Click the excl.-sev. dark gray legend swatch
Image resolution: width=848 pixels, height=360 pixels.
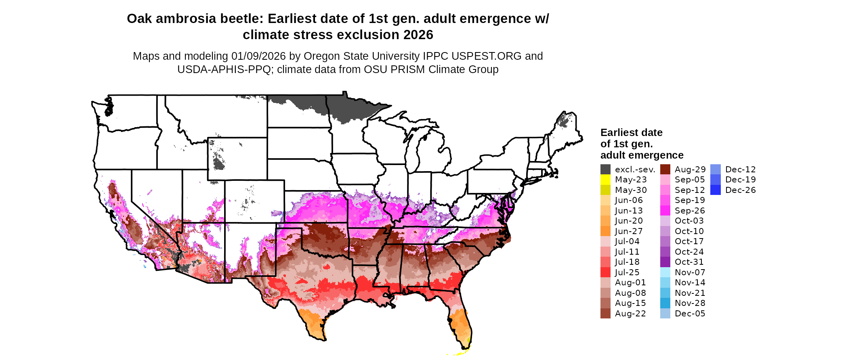[x=605, y=170]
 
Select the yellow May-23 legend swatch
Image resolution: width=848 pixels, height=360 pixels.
[x=605, y=180]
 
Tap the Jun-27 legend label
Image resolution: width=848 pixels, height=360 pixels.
[x=629, y=231]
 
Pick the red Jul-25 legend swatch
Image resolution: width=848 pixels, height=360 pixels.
[x=605, y=272]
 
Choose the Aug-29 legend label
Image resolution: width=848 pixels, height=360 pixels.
[x=690, y=170]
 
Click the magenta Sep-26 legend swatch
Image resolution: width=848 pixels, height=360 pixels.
[x=665, y=211]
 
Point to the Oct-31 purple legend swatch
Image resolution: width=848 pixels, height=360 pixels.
[x=665, y=262]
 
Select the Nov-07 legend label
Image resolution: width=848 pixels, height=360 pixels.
[x=690, y=272]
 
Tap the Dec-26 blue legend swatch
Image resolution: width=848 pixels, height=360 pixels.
[x=716, y=190]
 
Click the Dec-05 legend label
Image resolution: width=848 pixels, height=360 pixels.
[x=690, y=314]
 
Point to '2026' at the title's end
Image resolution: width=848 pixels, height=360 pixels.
[x=418, y=35]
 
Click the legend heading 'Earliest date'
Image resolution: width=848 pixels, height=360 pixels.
[x=631, y=132]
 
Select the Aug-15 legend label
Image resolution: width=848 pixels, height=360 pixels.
[x=630, y=303]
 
